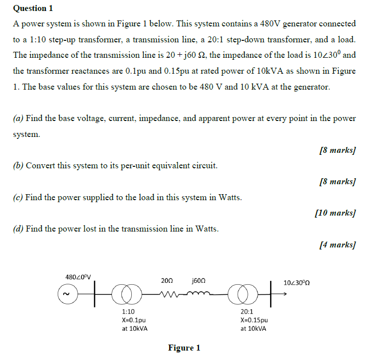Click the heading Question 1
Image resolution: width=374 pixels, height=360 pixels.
pyautogui.click(x=33, y=8)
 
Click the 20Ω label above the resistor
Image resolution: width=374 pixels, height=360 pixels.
pyautogui.click(x=167, y=281)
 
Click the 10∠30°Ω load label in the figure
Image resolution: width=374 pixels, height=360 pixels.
pyautogui.click(x=297, y=282)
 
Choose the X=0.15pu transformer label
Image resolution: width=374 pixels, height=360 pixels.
pyautogui.click(x=254, y=320)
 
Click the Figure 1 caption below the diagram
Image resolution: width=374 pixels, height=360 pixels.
pyautogui.click(x=184, y=348)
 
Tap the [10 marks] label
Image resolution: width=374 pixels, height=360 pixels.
pyautogui.click(x=336, y=213)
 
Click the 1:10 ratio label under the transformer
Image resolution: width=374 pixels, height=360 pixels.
pyautogui.click(x=128, y=312)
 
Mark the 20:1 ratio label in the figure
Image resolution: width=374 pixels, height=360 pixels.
pyautogui.click(x=247, y=312)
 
